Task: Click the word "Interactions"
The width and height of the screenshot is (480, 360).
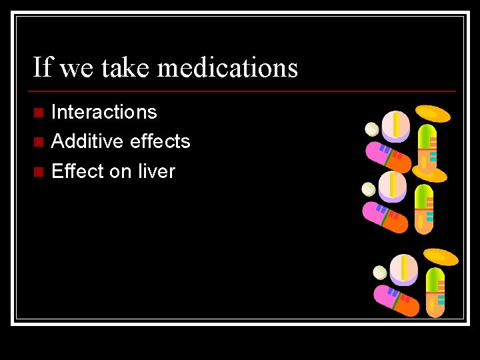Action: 104,112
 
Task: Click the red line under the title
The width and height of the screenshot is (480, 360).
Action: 244,91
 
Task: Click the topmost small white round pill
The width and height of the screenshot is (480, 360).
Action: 372,129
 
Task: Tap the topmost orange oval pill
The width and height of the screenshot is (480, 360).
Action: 433,114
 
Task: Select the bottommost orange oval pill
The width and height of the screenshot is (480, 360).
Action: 441,257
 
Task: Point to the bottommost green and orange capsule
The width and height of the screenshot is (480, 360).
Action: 435,291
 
